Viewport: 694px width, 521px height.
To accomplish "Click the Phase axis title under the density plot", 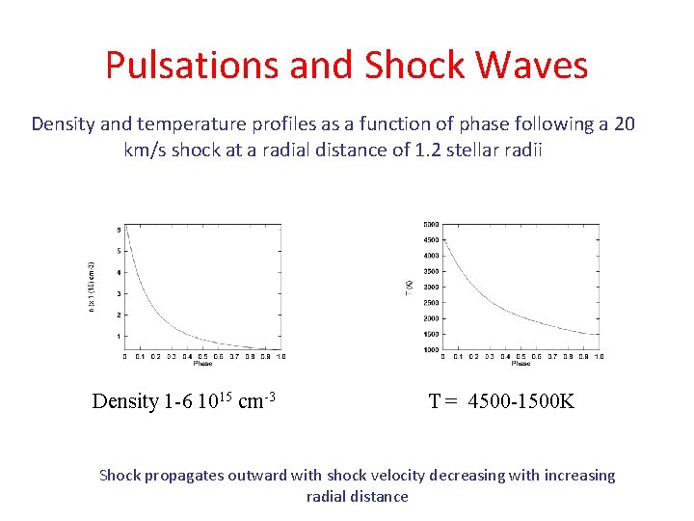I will [202, 364].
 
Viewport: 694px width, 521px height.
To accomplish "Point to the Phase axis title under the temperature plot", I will [520, 364].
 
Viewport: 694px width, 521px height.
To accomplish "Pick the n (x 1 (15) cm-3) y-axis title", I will [92, 286].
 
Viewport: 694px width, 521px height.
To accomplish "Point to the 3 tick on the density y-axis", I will [118, 294].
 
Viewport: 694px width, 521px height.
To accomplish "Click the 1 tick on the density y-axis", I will [118, 336].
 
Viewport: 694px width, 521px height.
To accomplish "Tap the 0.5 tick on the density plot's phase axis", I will [202, 356].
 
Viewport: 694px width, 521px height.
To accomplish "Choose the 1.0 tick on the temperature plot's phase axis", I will [599, 356].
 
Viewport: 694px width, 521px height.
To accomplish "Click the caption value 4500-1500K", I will [520, 401].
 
